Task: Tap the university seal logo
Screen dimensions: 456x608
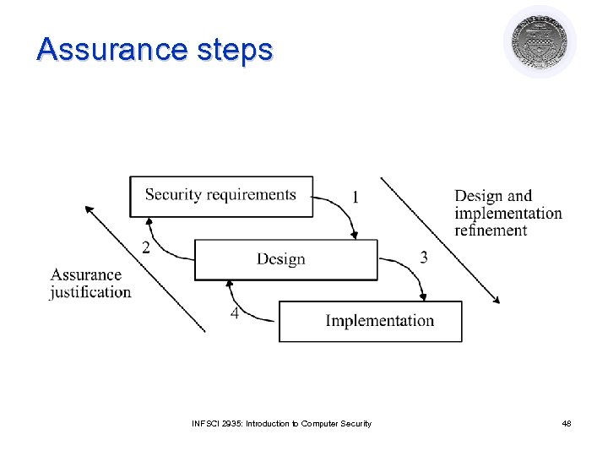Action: click(x=540, y=42)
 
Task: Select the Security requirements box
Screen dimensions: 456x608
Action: click(x=220, y=196)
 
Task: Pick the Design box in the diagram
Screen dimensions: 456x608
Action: click(x=285, y=259)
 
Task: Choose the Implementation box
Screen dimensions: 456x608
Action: click(x=370, y=321)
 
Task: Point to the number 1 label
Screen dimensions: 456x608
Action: click(x=356, y=197)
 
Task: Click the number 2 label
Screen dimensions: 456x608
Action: click(x=146, y=247)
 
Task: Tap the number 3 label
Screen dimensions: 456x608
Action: click(x=423, y=258)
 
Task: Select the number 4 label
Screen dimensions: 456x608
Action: click(x=235, y=313)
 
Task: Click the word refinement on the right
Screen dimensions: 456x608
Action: click(x=491, y=231)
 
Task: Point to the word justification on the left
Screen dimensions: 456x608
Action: click(x=90, y=292)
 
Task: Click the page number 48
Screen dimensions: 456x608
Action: click(x=566, y=423)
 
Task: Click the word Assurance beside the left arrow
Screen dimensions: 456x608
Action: click(x=85, y=274)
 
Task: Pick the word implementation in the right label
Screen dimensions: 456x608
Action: click(x=508, y=213)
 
